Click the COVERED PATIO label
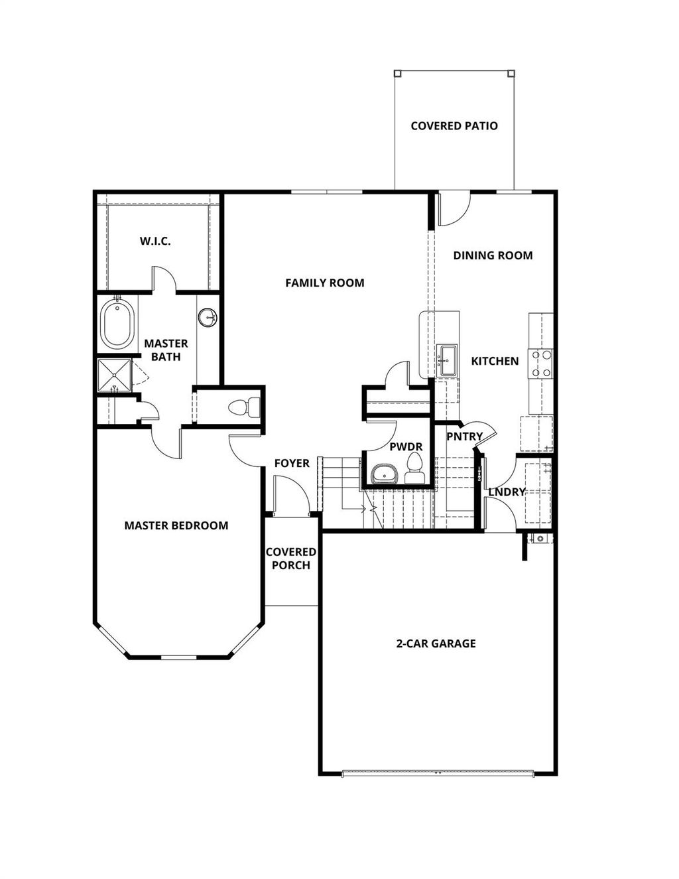(x=454, y=126)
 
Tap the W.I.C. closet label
(x=155, y=241)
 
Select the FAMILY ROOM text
(x=324, y=283)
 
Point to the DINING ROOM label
(x=493, y=255)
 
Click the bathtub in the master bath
(x=117, y=324)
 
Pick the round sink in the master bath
(x=208, y=318)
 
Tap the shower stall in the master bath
(x=114, y=377)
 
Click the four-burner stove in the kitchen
(x=541, y=364)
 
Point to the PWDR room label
(x=406, y=447)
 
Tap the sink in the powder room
(x=383, y=474)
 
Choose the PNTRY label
(x=464, y=437)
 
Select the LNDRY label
(x=507, y=492)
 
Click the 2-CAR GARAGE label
(x=436, y=643)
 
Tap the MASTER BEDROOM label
(x=176, y=525)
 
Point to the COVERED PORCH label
(x=291, y=559)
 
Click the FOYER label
(x=292, y=463)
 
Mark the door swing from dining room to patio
(x=454, y=208)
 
